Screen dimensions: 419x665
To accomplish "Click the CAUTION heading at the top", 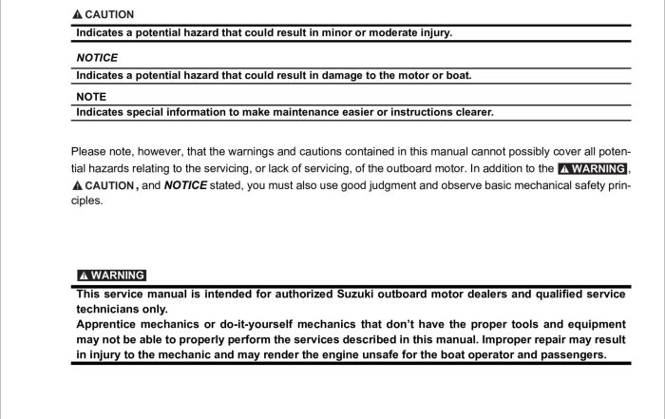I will (109, 15).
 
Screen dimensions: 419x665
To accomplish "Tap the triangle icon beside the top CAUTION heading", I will (78, 15).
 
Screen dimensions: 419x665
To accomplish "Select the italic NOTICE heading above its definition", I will (97, 57).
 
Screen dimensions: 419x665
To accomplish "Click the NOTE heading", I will (91, 96).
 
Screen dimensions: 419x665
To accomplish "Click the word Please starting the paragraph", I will (88, 151).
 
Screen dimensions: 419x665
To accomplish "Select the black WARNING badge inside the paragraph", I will (593, 168).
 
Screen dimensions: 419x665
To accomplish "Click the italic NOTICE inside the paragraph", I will (185, 185).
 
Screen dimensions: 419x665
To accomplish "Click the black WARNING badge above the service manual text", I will (111, 276).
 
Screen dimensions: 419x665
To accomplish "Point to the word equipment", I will (592, 324).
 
